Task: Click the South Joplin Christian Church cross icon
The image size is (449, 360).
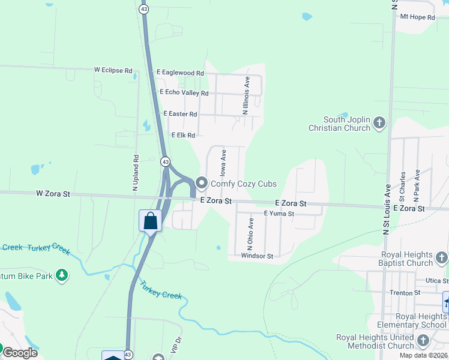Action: point(379,123)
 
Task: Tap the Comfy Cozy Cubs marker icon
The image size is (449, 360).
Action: point(202,183)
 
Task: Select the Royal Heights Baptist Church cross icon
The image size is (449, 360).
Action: point(441,258)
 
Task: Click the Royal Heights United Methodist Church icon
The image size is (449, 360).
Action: point(423,341)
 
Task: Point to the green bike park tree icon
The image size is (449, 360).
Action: point(61,275)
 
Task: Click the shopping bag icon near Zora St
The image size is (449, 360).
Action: point(150,221)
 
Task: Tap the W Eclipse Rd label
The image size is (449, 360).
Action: point(113,70)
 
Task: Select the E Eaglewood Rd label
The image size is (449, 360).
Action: point(180,72)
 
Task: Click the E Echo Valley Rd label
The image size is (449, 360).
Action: point(184,93)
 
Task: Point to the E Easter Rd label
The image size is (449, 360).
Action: point(180,114)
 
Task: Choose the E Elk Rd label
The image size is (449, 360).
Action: point(183,136)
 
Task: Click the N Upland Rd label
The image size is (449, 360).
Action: point(136,173)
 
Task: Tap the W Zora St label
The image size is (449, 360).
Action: point(53,194)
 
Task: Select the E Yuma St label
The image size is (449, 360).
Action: point(279,214)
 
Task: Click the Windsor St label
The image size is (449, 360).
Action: point(257,256)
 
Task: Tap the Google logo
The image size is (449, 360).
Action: point(20,353)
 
